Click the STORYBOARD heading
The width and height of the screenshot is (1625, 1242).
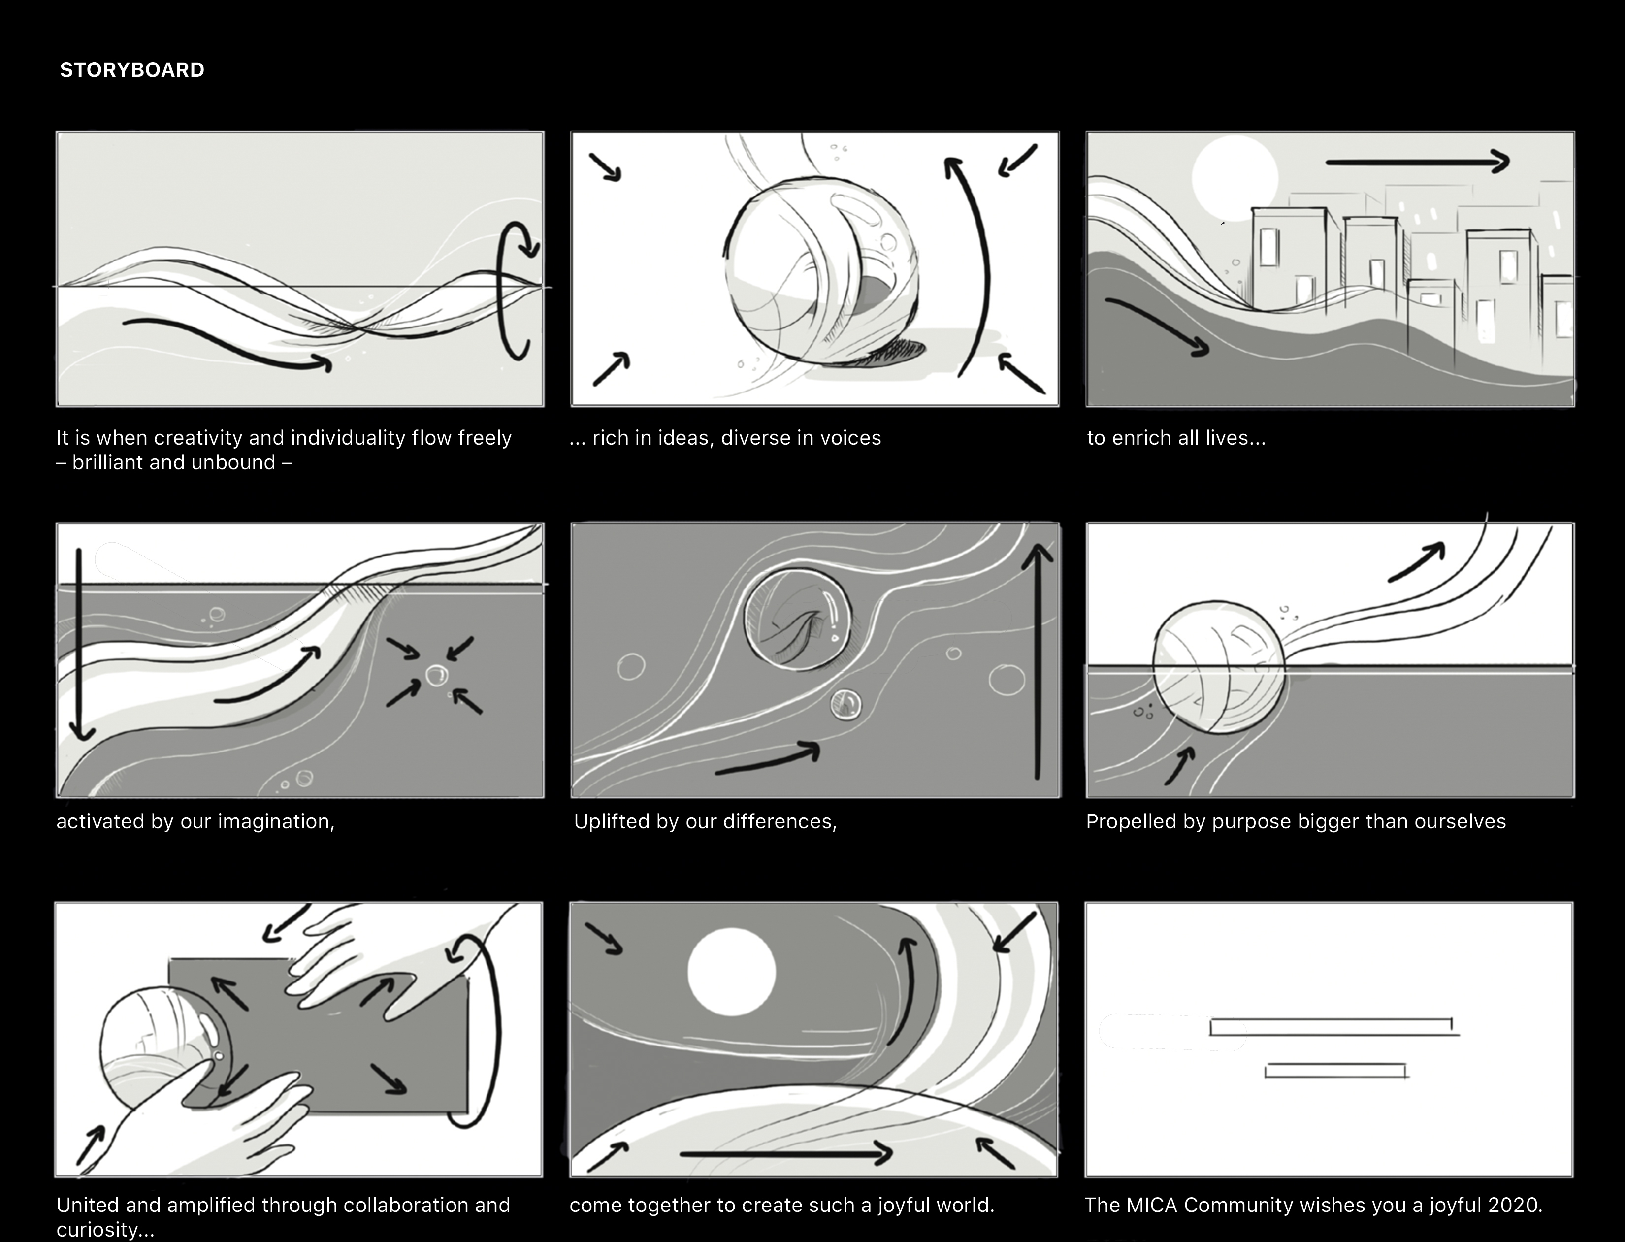point(132,70)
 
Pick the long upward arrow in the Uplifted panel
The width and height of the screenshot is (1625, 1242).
point(1038,662)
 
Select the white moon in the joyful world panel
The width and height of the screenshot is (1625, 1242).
point(731,972)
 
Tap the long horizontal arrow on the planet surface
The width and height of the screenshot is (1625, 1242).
point(786,1153)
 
